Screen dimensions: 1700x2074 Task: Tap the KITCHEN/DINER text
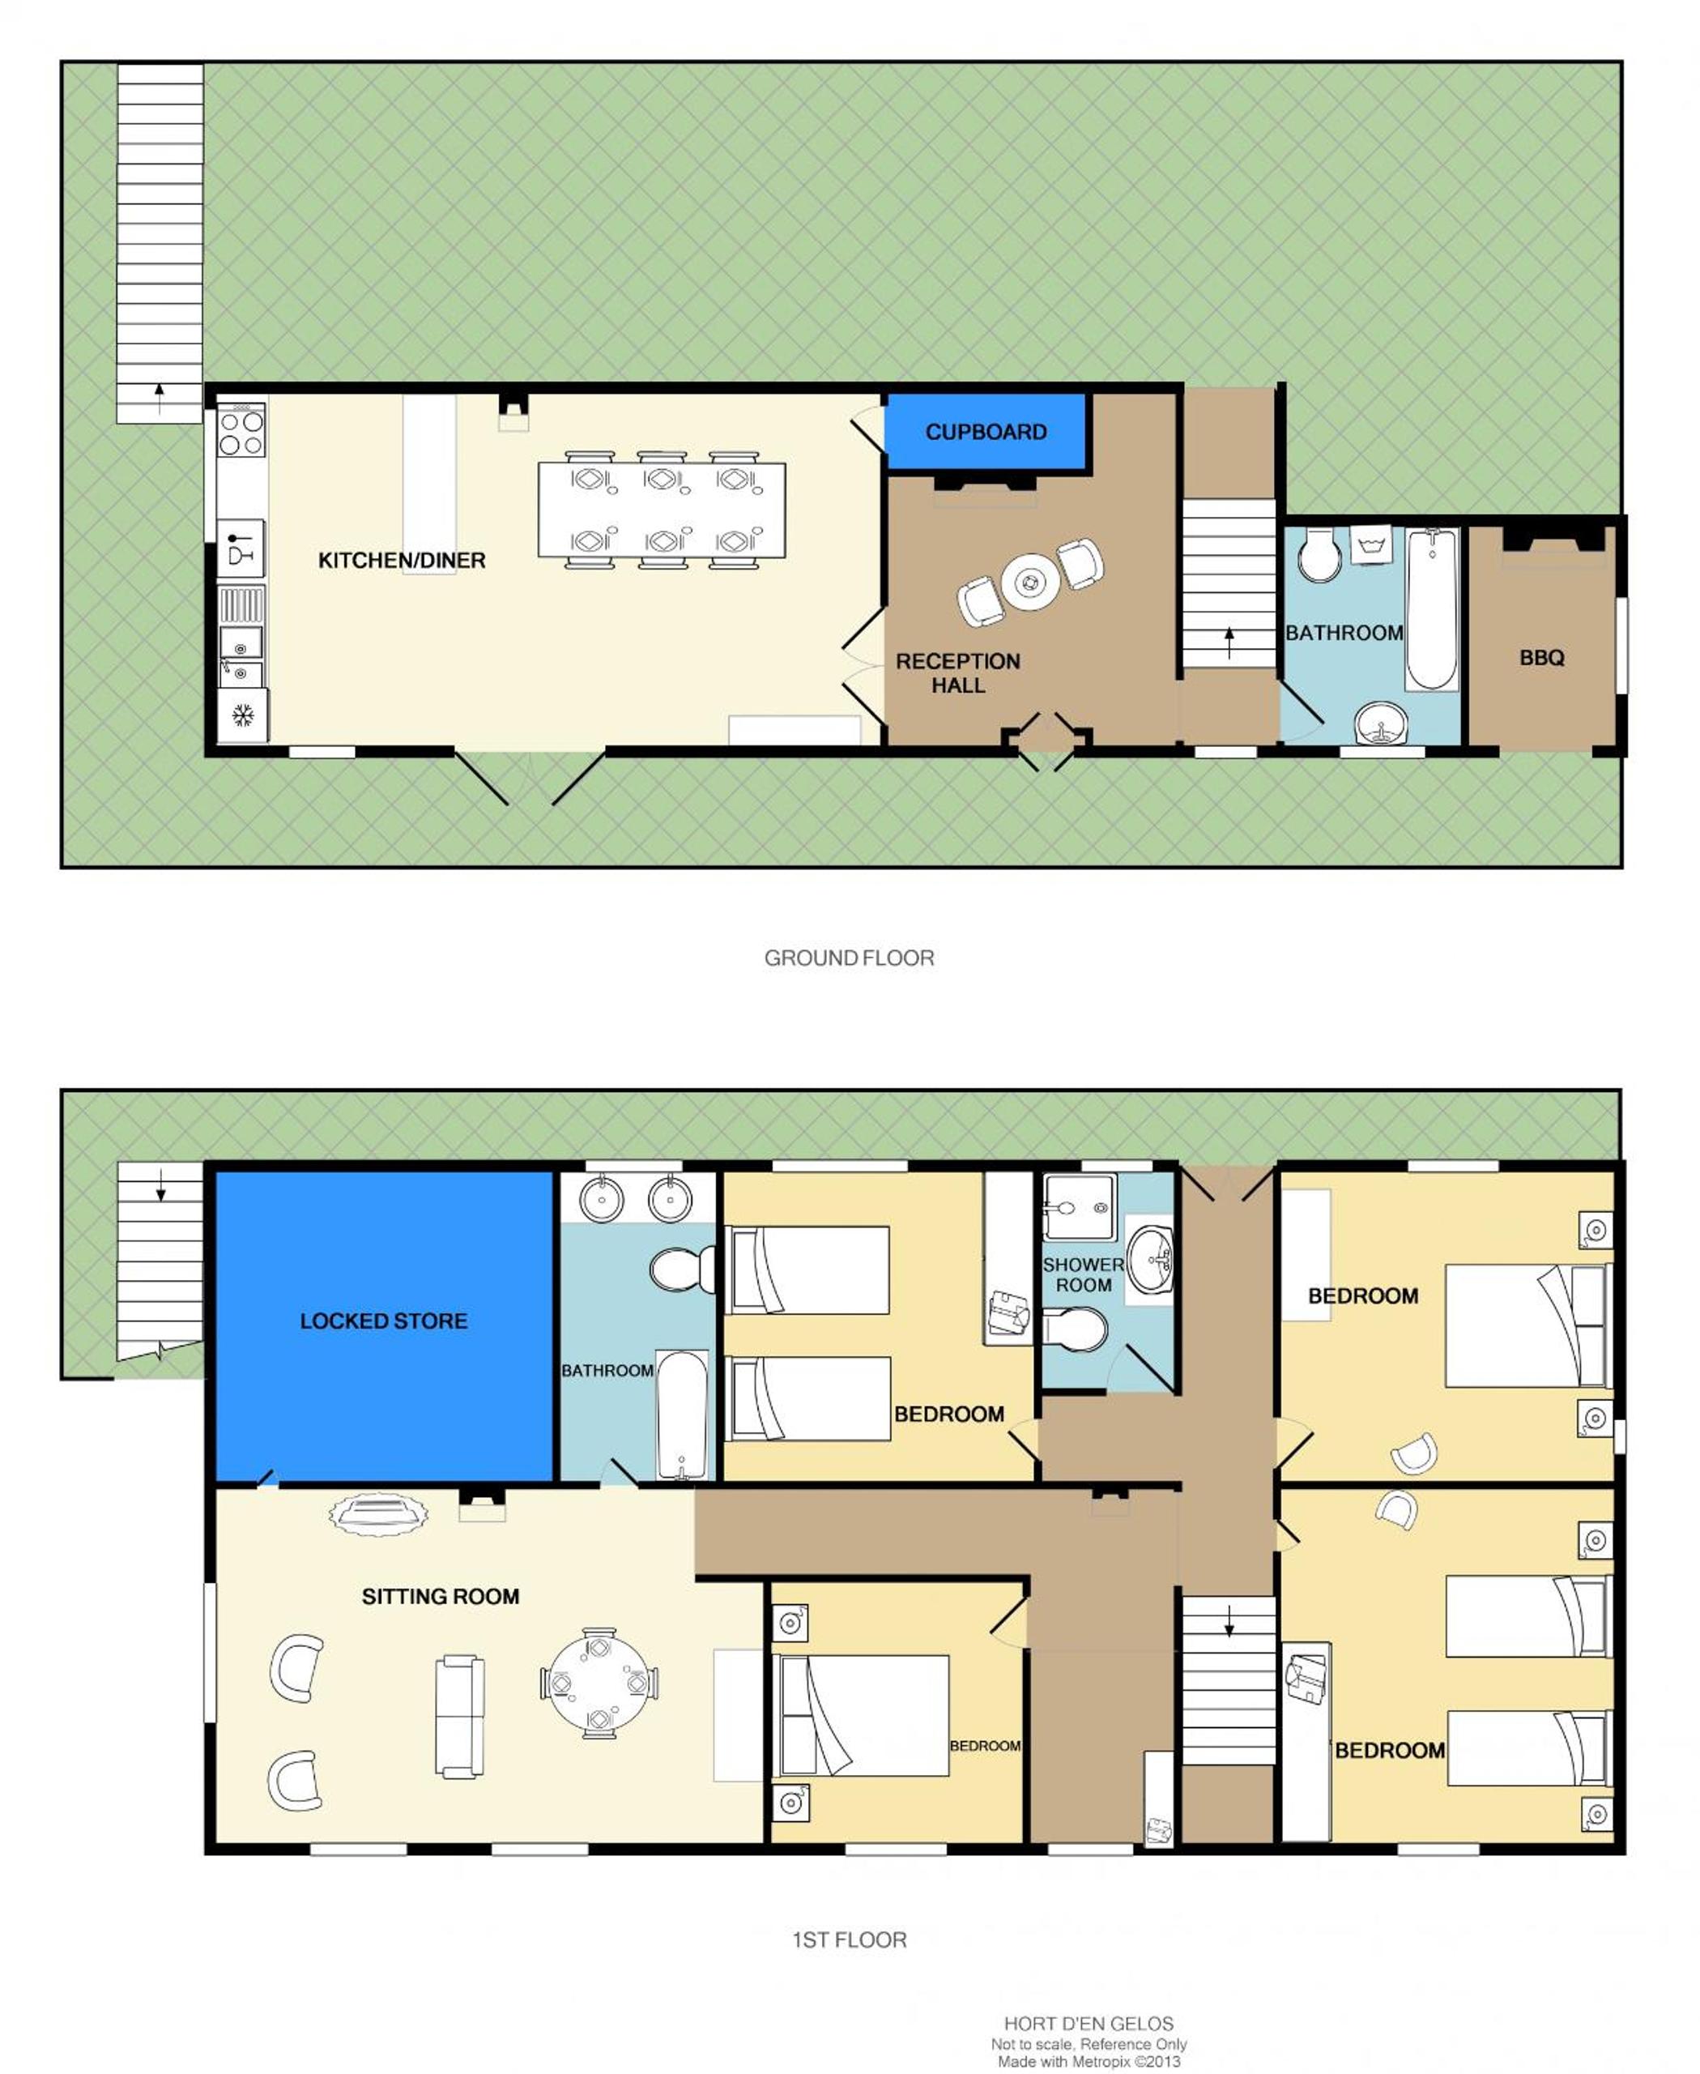tap(402, 561)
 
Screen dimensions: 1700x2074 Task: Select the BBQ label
tap(1541, 657)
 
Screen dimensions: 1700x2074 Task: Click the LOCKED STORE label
tap(384, 1321)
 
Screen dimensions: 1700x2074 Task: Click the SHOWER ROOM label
tap(1083, 1274)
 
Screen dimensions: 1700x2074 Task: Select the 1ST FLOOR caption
tap(849, 1939)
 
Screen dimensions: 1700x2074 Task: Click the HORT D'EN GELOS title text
tap(1088, 2023)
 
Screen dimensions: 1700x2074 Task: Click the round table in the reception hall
tap(1030, 582)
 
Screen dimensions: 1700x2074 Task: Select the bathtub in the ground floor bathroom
tap(1432, 608)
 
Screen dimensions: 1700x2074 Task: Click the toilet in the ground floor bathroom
tap(1319, 556)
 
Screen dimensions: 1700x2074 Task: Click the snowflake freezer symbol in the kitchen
tap(243, 715)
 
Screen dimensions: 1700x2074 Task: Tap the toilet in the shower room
tap(1076, 1330)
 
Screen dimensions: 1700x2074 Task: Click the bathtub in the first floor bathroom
tap(682, 1415)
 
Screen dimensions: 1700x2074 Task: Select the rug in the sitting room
tap(379, 1515)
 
